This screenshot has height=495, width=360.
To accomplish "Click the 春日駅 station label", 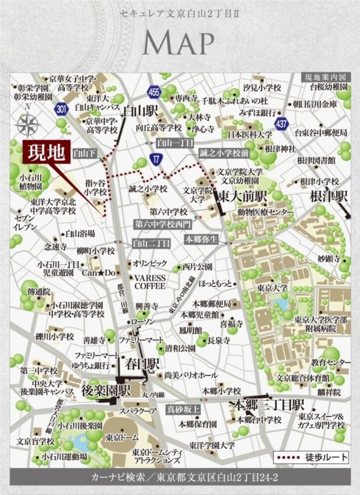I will (x=141, y=365).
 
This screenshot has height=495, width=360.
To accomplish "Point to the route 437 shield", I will (x=282, y=124).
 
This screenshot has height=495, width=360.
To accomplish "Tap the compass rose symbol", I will (x=26, y=125).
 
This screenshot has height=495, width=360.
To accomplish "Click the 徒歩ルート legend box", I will (x=310, y=457).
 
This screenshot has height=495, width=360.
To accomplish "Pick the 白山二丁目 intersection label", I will (x=148, y=242).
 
